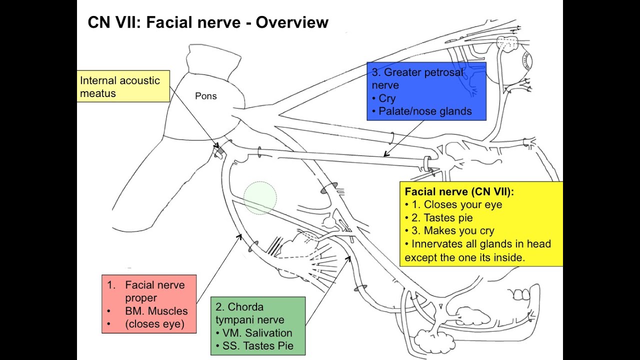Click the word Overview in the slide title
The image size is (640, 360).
pos(292,22)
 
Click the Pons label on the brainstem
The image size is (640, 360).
pos(205,96)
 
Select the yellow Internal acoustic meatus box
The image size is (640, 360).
pos(123,86)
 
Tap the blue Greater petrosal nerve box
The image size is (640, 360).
pos(426,91)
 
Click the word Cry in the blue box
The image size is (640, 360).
pos(386,98)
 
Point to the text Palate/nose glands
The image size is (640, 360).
pos(424,111)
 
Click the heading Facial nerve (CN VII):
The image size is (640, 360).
pos(459,191)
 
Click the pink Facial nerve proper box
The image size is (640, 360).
pos(149,304)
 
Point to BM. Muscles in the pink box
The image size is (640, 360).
pos(156,311)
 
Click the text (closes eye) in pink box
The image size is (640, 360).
pos(154,324)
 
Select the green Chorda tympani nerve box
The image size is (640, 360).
pos(257,326)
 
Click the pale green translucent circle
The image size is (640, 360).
pos(260,198)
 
